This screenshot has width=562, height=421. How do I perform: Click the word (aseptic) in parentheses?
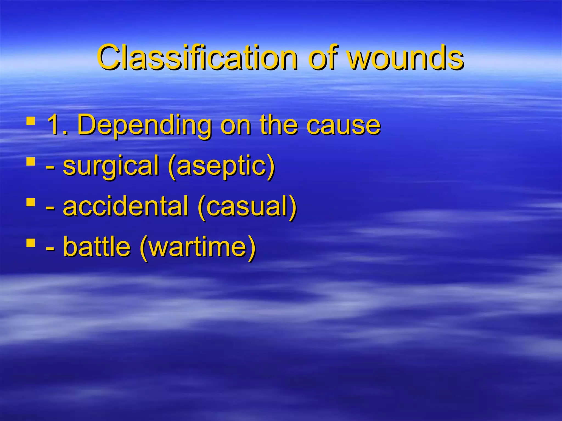point(221,166)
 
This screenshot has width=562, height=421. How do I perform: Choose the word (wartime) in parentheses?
point(198,247)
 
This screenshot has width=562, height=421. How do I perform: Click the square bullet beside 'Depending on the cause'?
point(31,121)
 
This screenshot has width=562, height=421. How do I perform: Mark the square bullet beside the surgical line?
point(31,161)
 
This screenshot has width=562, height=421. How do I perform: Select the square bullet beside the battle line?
point(31,242)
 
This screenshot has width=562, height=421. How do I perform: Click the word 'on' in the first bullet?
point(236,126)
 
